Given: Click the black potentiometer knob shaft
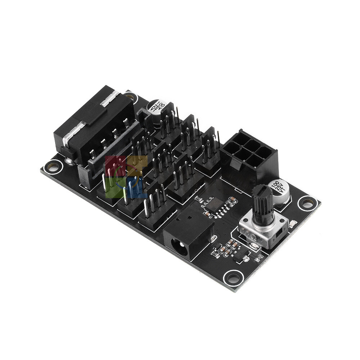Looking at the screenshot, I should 262,203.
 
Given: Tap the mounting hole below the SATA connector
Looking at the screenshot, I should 53,166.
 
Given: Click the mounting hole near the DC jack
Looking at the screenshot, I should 233,278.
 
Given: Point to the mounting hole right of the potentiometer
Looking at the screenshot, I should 307,203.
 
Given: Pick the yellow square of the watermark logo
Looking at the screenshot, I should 137,166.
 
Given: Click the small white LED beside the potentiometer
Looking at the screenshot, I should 293,224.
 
